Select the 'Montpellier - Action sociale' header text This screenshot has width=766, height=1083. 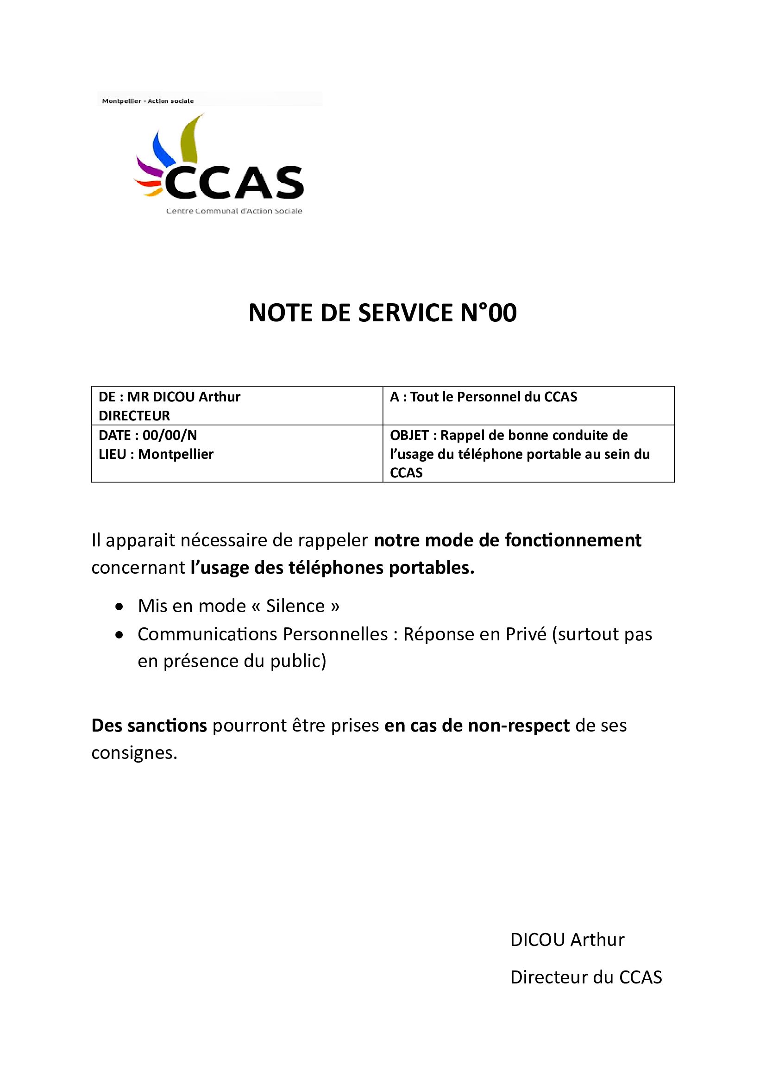148,101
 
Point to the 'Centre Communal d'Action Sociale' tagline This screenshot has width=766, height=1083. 234,211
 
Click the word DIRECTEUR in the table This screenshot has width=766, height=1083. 134,415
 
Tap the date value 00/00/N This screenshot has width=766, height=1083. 170,435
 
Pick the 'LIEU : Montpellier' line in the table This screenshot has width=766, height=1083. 156,454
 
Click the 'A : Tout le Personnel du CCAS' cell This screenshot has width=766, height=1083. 483,397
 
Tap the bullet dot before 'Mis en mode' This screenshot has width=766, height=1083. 120,607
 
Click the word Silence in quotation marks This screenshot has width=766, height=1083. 295,606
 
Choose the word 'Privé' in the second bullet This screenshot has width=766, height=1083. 526,634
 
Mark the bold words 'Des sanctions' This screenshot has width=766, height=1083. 149,726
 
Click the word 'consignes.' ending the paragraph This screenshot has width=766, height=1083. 134,753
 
